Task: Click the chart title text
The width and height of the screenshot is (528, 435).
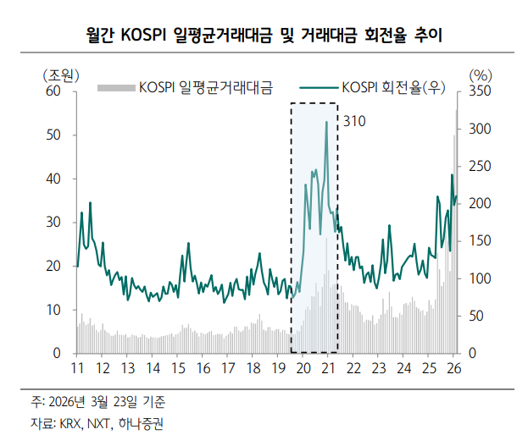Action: (x=264, y=36)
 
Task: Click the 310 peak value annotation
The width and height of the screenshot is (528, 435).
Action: (x=354, y=122)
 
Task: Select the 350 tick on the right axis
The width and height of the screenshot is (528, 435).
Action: (x=479, y=91)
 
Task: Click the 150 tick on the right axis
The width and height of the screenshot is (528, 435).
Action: (x=479, y=241)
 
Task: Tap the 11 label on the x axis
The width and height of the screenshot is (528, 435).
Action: (x=77, y=368)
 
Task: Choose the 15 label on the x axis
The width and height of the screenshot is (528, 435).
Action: (x=178, y=368)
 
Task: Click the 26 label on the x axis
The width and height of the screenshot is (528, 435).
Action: (x=453, y=368)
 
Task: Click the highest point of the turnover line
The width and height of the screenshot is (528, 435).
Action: (x=326, y=122)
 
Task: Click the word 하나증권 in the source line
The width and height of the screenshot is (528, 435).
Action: (x=142, y=421)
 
